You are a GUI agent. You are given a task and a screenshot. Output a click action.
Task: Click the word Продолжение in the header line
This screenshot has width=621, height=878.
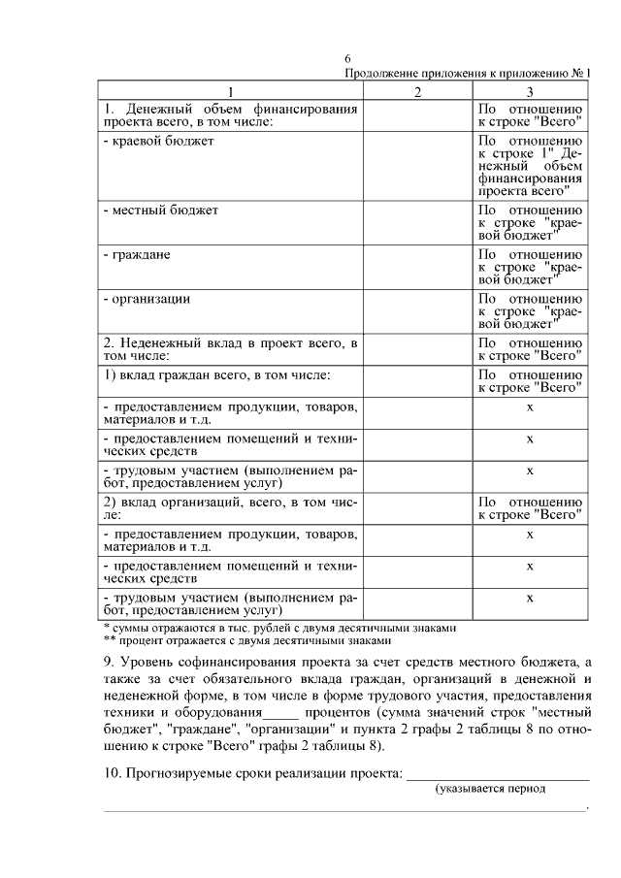(x=380, y=75)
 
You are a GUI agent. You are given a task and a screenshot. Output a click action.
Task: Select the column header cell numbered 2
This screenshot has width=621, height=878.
(x=417, y=92)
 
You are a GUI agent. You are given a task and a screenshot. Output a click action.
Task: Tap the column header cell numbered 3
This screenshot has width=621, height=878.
(x=530, y=92)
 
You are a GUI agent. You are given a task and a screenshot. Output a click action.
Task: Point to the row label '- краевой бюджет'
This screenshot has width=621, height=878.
(x=159, y=142)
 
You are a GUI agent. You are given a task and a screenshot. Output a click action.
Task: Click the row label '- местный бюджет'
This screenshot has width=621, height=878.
(x=160, y=210)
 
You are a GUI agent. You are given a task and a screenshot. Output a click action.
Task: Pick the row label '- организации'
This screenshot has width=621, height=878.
(x=146, y=299)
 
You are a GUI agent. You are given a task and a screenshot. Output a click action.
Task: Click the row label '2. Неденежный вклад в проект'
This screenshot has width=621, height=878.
(x=231, y=349)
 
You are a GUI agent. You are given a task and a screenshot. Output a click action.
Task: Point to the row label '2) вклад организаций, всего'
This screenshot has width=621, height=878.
(x=231, y=508)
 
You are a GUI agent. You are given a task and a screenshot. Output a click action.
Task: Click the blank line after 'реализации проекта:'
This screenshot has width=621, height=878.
(x=497, y=773)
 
